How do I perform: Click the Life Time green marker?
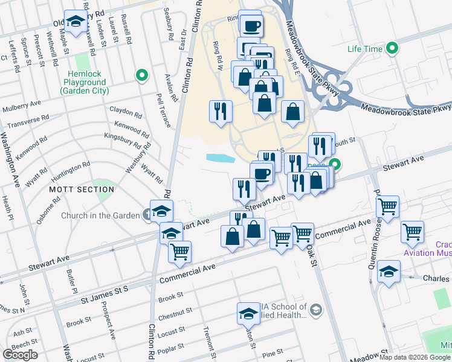(394, 49)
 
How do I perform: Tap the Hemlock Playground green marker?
(142, 75)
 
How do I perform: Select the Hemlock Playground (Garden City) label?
(84, 86)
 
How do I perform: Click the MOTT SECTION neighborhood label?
(73, 189)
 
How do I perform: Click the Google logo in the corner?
(20, 355)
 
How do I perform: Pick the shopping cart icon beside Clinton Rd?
(179, 252)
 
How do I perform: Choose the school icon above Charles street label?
(389, 271)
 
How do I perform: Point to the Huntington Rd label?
(71, 171)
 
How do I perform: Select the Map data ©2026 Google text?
(415, 357)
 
